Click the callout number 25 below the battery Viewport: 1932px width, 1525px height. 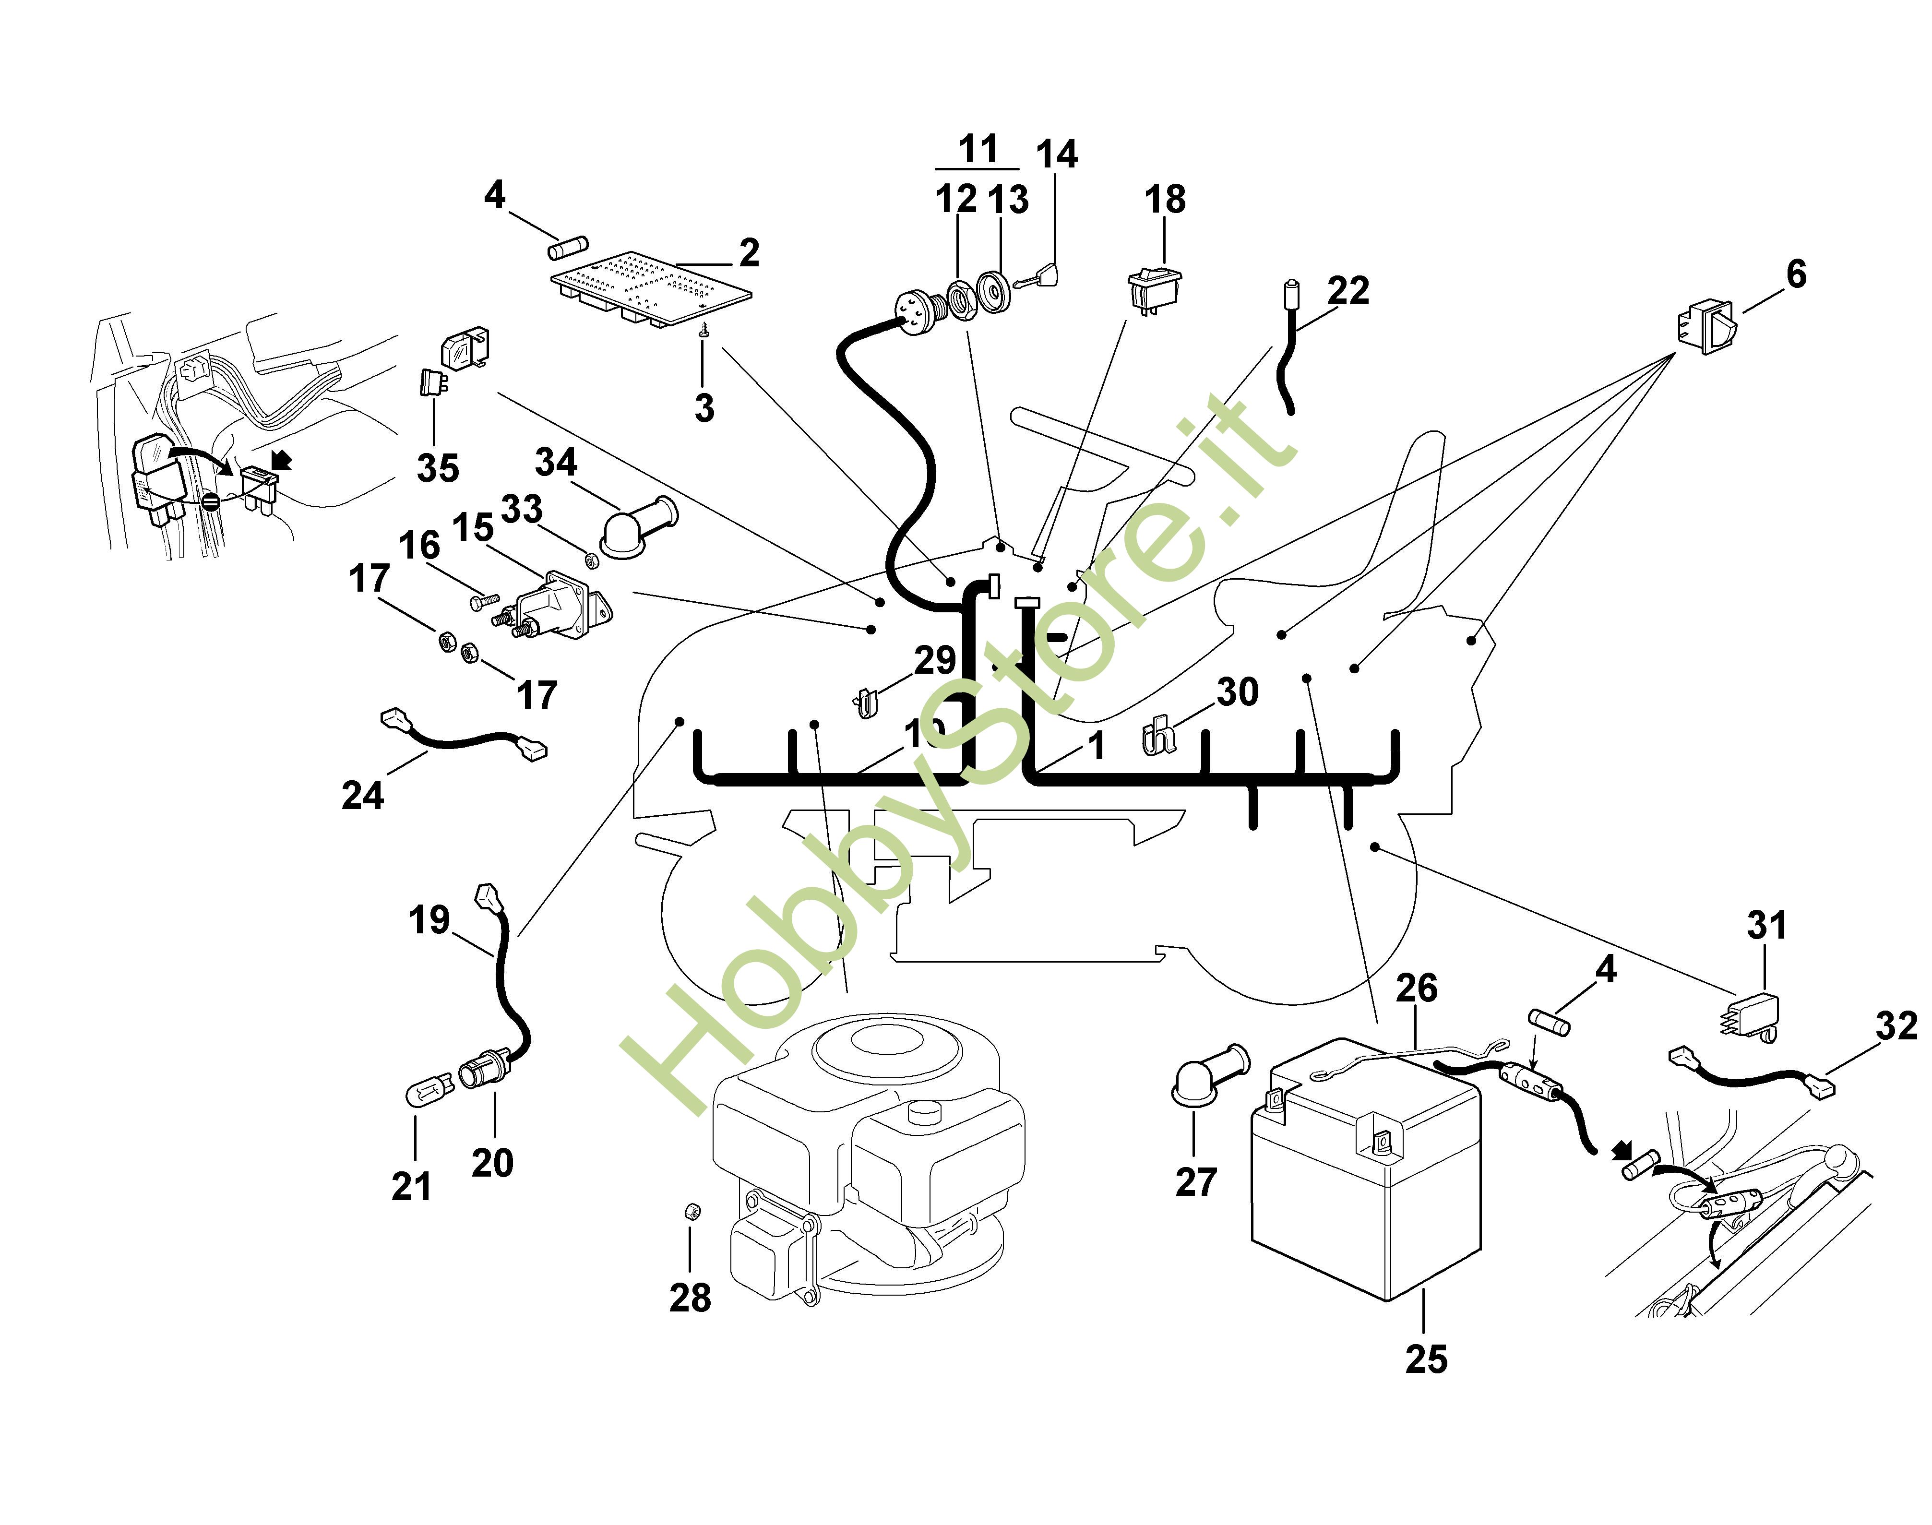[x=1426, y=1359]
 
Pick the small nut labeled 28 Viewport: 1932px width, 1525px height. [x=690, y=1212]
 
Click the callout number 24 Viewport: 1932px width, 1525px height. [x=362, y=795]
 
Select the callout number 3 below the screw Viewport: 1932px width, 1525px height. [x=704, y=408]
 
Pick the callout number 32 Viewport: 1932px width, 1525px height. [x=1896, y=1026]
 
